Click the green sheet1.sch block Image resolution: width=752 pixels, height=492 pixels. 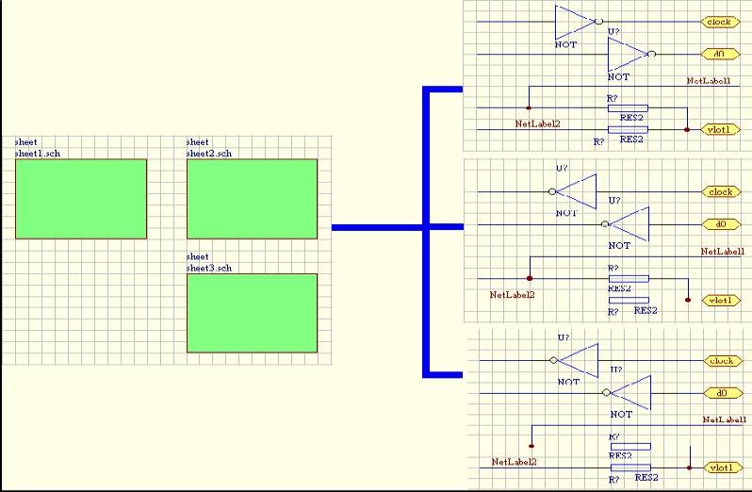pos(81,198)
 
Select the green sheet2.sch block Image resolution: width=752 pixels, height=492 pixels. pos(252,198)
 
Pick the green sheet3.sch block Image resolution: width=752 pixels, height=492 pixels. pos(252,312)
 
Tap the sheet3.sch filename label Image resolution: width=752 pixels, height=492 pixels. pos(209,268)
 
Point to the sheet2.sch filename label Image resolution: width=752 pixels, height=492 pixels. pos(209,153)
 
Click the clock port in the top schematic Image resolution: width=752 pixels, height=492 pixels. pos(719,21)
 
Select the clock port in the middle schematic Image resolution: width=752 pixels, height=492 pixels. pos(719,192)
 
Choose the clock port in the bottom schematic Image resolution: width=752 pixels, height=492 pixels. pos(720,361)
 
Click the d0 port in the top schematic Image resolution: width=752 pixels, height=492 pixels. pos(719,55)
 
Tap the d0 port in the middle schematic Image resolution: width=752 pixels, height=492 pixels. pos(721,225)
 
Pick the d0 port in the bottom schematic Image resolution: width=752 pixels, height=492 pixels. pos(721,393)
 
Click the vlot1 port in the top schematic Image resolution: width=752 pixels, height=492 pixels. pos(720,129)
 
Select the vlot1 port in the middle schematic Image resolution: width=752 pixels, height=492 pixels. pos(720,300)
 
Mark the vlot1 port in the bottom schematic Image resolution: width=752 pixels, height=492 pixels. pos(720,467)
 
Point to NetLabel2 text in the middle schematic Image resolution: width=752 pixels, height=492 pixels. pos(513,294)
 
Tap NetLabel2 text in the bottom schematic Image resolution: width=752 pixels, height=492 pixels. pos(515,462)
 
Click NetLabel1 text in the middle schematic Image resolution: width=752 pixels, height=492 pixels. pos(724,253)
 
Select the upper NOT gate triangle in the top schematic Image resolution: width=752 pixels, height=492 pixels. pos(574,21)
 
